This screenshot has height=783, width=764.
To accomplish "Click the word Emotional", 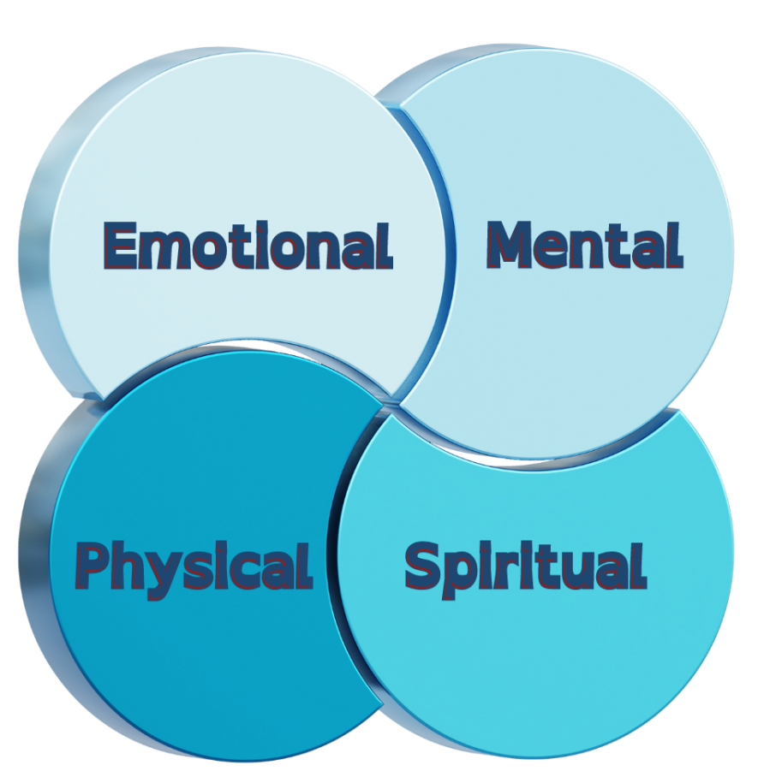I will click(x=248, y=246).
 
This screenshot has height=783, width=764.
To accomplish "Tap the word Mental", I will click(x=584, y=246).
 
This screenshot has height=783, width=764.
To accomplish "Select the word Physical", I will click(x=194, y=567).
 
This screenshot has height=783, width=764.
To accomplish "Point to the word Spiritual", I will click(x=525, y=566).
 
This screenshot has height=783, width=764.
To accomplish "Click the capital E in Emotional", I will click(x=121, y=246).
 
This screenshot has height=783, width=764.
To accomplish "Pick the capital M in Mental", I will click(x=511, y=246).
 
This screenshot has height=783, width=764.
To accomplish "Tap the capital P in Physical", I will click(x=93, y=566).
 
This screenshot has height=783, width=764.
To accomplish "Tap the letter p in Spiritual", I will click(x=460, y=571).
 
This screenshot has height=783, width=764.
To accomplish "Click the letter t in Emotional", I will click(x=235, y=246).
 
